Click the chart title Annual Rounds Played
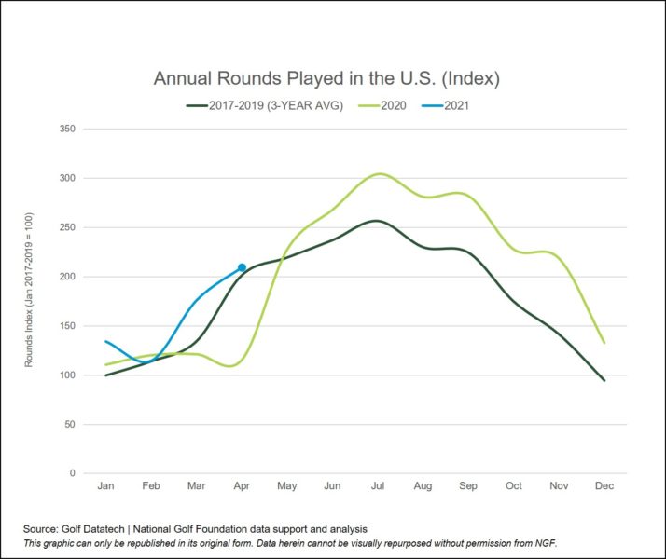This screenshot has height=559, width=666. pos(326,78)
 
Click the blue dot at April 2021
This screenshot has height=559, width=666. pos(242,267)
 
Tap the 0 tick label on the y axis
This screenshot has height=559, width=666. pos(72,474)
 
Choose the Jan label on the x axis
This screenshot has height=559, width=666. pos(105,487)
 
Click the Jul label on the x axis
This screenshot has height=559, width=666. pos(378,487)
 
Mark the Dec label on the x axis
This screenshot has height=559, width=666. pos(604,487)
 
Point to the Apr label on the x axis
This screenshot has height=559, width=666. pos(242,487)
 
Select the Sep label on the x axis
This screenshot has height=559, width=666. pos(468,487)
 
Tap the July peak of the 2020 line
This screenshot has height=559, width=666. pos(378,173)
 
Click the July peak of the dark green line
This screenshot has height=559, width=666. pos(375,221)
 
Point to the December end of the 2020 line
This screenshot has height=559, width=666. pos(604,343)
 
